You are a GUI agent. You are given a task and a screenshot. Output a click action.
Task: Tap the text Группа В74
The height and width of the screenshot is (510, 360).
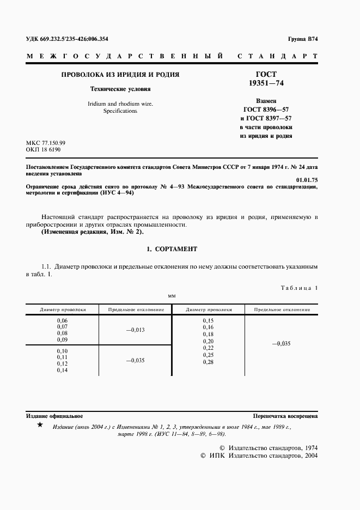(x=302, y=40)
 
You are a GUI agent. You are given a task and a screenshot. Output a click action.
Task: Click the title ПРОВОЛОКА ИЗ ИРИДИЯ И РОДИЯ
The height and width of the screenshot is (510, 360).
(x=120, y=75)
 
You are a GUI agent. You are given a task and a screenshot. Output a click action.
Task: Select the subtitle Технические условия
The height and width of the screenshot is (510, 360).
(x=120, y=89)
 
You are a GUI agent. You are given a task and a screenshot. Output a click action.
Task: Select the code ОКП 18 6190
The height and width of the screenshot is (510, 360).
(x=43, y=149)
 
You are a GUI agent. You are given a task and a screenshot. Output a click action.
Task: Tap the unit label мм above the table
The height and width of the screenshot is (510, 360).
(x=172, y=295)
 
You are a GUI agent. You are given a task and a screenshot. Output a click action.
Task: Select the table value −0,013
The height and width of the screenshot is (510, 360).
(x=136, y=330)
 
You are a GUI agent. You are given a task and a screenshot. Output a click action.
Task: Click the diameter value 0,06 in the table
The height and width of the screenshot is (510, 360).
(x=62, y=320)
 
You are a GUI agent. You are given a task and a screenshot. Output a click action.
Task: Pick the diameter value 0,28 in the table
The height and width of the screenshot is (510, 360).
(x=208, y=362)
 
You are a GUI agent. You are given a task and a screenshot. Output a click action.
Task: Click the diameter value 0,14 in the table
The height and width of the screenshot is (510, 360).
(x=62, y=370)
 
